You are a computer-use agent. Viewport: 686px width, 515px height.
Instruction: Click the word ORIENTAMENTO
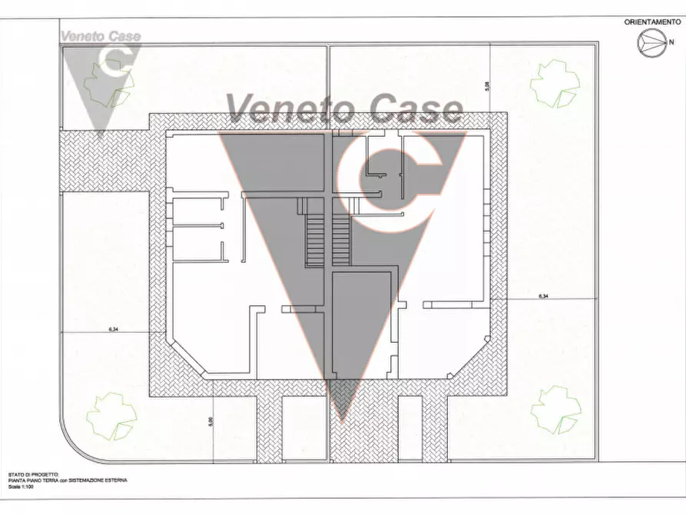pos(651,22)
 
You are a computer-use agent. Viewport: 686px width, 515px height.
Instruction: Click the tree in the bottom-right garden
pos(555,408)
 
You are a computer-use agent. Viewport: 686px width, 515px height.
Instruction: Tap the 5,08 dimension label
pos(486,88)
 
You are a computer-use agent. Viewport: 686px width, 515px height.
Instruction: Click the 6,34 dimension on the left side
pos(114,330)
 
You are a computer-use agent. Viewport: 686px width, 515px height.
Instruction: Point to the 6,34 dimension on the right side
pos(543,296)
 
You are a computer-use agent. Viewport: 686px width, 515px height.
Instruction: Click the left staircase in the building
pos(315,240)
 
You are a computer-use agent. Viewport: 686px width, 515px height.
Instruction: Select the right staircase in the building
pos(342,240)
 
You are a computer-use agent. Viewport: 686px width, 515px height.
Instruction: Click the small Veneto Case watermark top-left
pos(100,36)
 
